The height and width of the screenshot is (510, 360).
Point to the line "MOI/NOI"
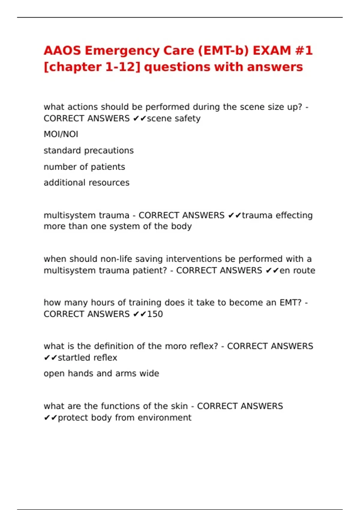[61, 134]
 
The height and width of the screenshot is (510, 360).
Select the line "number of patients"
[84, 166]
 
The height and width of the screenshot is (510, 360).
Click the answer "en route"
[297, 270]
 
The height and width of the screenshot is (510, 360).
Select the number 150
[155, 314]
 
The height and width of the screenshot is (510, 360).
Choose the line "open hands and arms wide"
[101, 373]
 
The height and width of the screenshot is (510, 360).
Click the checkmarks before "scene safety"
[139, 118]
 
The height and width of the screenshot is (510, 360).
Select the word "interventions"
[199, 259]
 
